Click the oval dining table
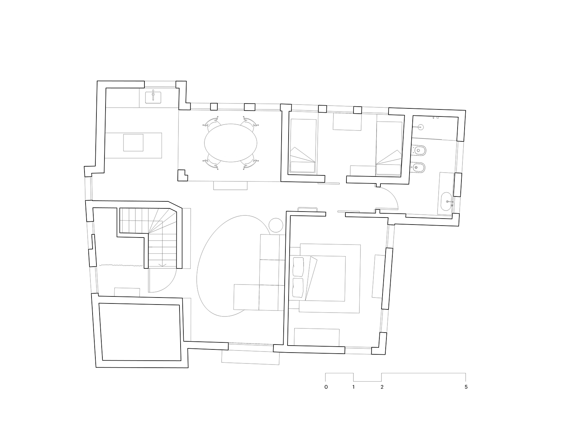230,143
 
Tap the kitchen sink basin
153,98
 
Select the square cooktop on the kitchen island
133,142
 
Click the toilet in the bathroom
419,151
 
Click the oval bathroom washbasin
446,201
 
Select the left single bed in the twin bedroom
303,146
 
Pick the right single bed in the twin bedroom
388,148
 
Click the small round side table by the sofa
276,225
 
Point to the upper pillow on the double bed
298,267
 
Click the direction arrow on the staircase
162,265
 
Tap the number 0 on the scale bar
326,387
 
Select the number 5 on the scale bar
466,387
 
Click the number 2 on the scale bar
382,387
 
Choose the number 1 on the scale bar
353,387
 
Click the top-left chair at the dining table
212,123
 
